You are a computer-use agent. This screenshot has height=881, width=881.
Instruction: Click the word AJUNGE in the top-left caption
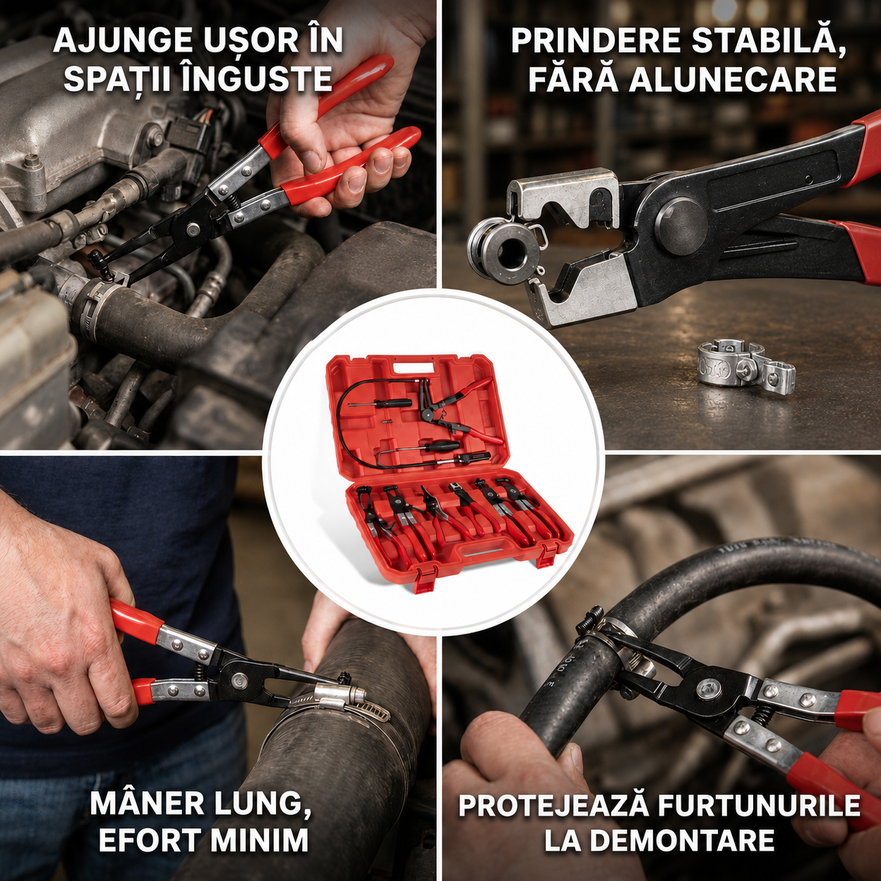[x=122, y=41]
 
